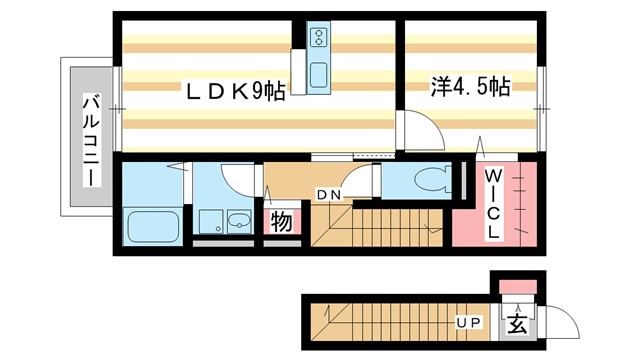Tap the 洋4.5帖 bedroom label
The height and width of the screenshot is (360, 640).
(x=470, y=87)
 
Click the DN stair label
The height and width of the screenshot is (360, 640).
(x=329, y=194)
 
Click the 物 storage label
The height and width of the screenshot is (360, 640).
(x=281, y=221)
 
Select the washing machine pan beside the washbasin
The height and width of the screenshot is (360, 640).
(x=210, y=221)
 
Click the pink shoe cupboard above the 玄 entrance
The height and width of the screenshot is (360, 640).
(x=516, y=290)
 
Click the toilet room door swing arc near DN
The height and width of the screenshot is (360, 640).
(x=372, y=183)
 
